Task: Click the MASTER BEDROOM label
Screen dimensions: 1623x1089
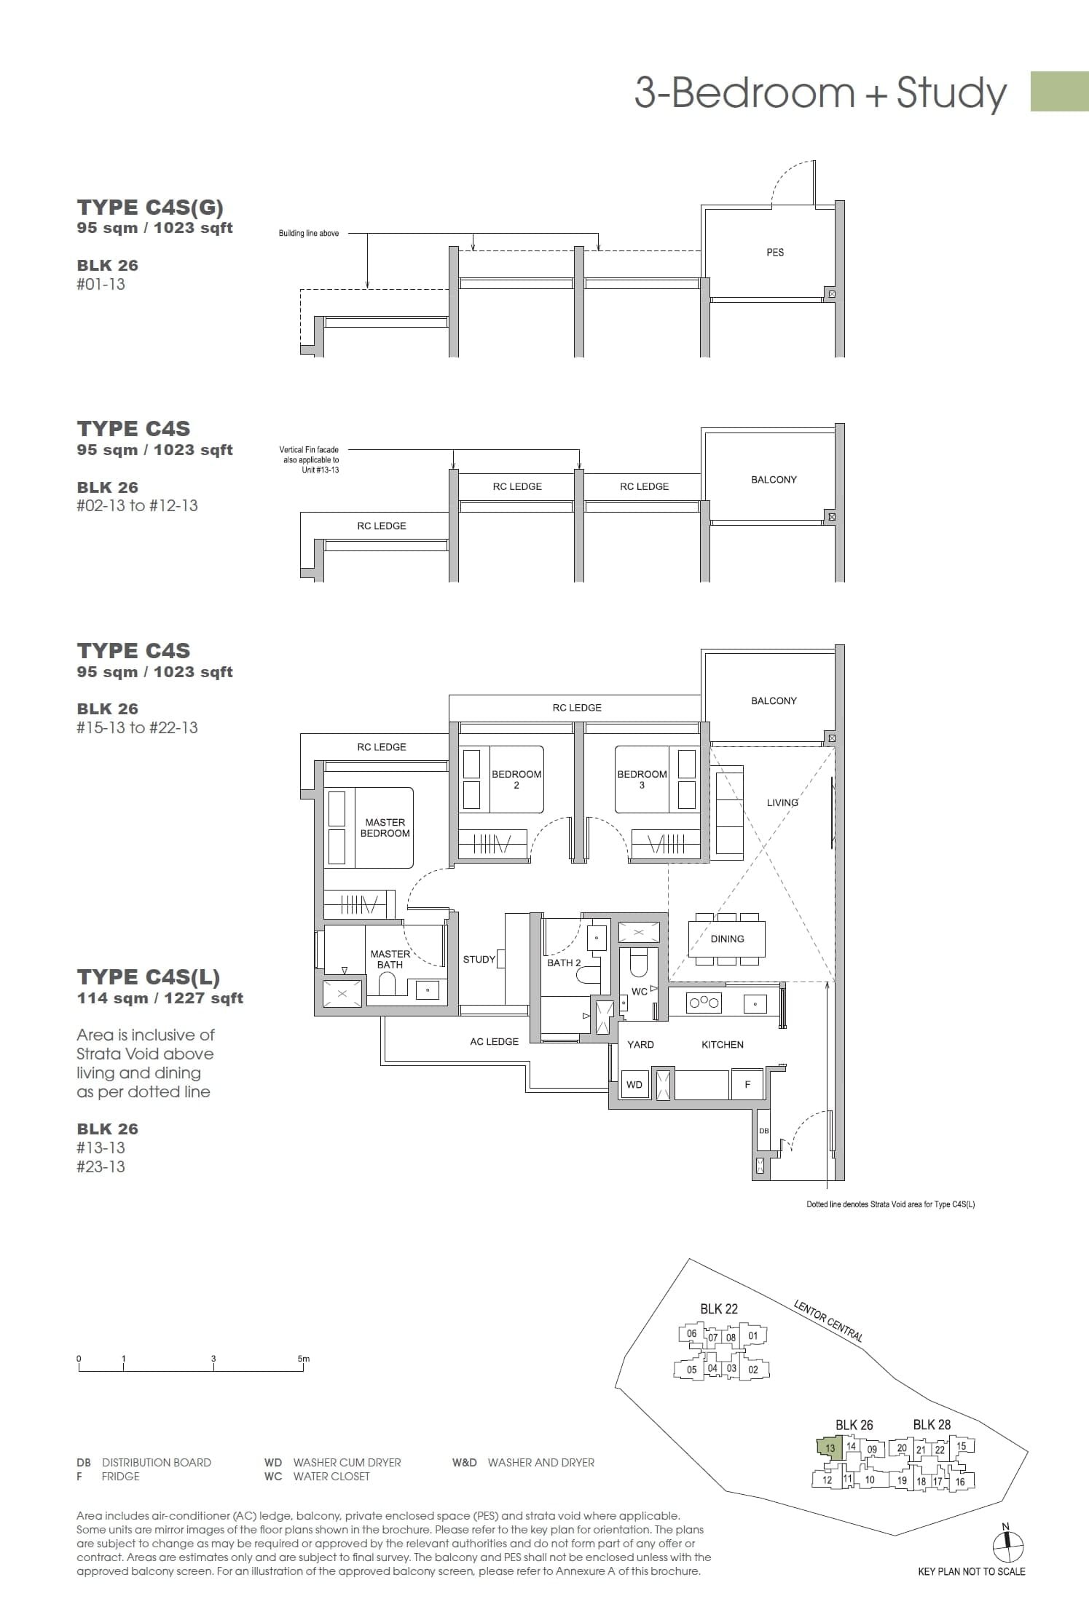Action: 385,827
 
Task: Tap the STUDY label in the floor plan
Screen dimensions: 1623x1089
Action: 479,959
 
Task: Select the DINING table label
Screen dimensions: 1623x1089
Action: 727,939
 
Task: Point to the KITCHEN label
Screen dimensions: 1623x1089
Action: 722,1044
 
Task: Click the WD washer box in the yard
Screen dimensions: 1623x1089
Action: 634,1084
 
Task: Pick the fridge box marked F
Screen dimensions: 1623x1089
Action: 747,1084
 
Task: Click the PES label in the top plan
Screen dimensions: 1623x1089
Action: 774,252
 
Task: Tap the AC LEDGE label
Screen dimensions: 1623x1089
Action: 494,1041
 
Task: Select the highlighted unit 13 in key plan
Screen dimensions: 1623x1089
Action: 830,1448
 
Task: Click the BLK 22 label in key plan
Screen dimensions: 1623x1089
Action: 718,1308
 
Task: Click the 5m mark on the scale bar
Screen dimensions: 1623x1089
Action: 303,1359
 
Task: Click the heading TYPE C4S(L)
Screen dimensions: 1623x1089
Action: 148,976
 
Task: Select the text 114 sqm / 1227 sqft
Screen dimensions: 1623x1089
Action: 160,998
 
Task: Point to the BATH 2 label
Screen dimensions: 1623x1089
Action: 564,963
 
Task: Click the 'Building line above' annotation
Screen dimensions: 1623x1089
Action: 308,233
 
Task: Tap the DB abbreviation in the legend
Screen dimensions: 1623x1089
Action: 83,1462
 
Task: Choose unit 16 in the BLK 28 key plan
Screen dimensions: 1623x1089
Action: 959,1481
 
